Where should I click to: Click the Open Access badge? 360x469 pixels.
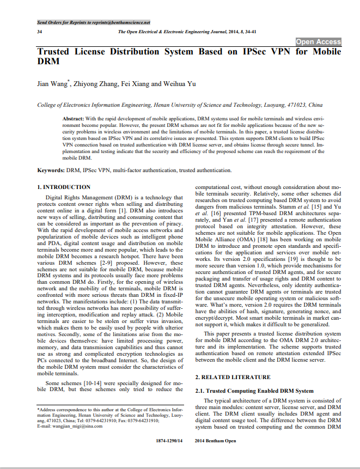319,42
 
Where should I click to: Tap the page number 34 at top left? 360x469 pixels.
40,32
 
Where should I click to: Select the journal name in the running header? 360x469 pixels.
180,32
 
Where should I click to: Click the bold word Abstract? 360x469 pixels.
73,118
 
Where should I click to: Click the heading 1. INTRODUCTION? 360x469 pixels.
64,187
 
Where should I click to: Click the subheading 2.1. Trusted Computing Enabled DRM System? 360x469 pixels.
254,391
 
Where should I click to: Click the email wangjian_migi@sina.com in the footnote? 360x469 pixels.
76,425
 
